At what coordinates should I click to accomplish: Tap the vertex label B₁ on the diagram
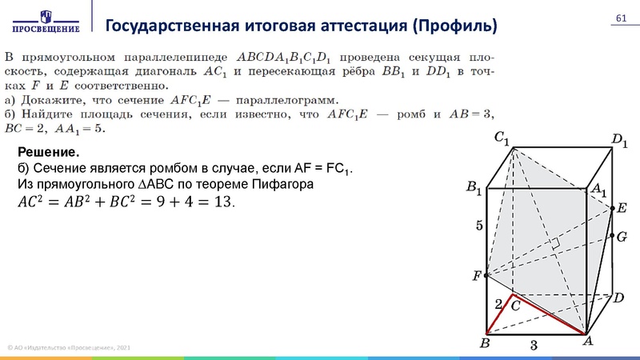[x=474, y=189]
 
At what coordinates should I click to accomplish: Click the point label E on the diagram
[x=622, y=208]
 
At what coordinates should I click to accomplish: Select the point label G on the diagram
[x=622, y=237]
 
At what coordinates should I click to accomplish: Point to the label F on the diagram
[x=477, y=276]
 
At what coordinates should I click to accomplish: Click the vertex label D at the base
[x=618, y=298]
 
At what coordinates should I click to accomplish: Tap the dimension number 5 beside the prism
[x=480, y=226]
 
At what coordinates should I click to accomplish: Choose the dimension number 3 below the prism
[x=534, y=346]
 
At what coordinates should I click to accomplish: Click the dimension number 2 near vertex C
[x=498, y=304]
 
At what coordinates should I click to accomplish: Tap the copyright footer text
[x=68, y=347]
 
